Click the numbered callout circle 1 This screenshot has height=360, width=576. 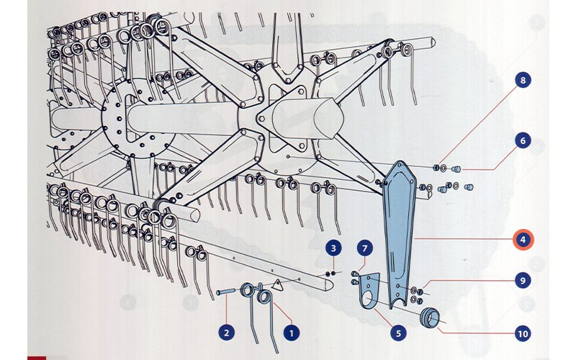click(292, 333)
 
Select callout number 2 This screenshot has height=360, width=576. click(227, 333)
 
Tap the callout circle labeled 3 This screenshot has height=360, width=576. click(333, 248)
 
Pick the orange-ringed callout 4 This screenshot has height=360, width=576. click(523, 240)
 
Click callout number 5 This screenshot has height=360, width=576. click(399, 333)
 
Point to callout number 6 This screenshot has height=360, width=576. click(523, 140)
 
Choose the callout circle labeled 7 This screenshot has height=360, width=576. click(365, 248)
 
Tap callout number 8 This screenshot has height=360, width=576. click(523, 80)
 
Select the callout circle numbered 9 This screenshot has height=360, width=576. click(523, 281)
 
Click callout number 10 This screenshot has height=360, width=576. click(523, 333)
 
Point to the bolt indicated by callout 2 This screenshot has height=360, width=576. click(225, 292)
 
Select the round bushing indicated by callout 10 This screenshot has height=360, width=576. click(429, 318)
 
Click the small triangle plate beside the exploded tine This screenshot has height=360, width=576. click(277, 284)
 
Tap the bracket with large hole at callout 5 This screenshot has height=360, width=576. click(369, 290)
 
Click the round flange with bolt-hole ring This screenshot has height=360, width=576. click(138, 118)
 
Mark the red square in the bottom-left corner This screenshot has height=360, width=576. click(37, 357)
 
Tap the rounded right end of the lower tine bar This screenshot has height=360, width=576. click(328, 283)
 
